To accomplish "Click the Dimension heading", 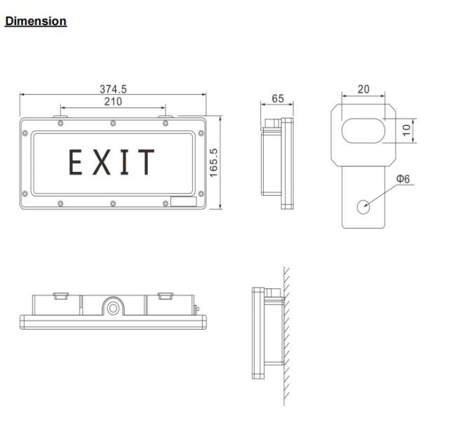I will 36,21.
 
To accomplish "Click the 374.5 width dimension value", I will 113,89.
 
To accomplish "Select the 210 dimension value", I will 113,101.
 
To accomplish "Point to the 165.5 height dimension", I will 214,162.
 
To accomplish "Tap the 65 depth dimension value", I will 278,99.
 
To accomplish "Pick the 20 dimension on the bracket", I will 363,89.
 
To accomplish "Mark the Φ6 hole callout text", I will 403,179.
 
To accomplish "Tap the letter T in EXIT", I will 146,162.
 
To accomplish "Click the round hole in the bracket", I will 363,206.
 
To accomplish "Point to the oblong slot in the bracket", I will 363,131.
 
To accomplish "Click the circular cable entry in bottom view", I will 112,306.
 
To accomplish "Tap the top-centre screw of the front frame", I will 113,124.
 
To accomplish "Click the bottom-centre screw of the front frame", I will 113,204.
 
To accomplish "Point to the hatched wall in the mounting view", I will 287,337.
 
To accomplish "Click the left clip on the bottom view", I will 60,295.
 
